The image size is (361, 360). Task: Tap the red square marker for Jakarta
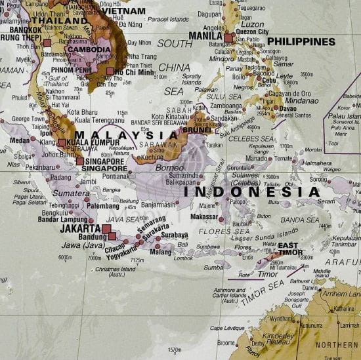pyautogui.click(x=106, y=229)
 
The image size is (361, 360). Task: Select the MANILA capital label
pyautogui.click(x=205, y=35)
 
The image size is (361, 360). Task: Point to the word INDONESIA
pyautogui.click(x=252, y=192)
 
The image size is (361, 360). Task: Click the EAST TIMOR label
pyautogui.click(x=287, y=249)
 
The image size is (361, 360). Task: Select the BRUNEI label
pyautogui.click(x=196, y=130)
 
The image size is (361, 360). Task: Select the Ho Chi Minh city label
pyautogui.click(x=134, y=71)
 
